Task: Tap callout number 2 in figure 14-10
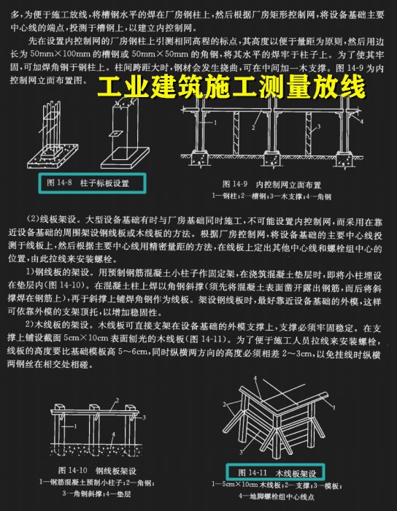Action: (116, 400)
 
